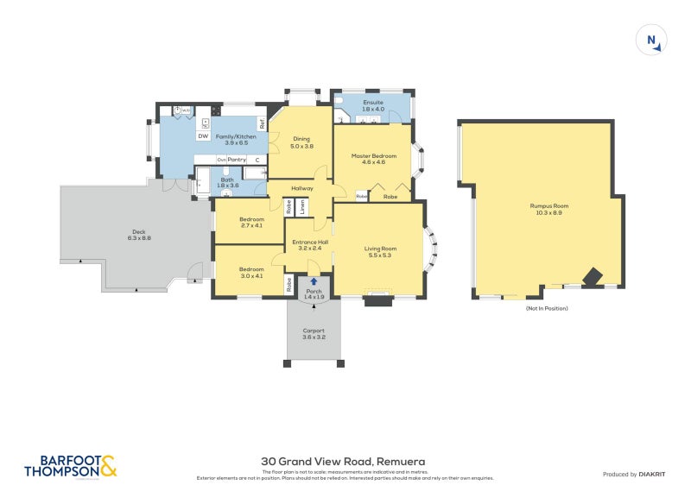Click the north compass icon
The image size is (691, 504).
tap(652, 41)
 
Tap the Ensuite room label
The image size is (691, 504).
tap(372, 105)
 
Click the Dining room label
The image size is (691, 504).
tap(301, 142)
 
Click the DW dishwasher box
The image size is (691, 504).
tap(203, 136)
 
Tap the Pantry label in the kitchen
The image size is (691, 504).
tap(237, 160)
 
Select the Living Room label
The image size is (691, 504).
tap(380, 251)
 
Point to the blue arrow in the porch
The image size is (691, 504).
tap(314, 281)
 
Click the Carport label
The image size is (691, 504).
tap(314, 333)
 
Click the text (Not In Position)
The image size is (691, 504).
tap(547, 308)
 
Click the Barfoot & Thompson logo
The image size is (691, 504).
tap(70, 467)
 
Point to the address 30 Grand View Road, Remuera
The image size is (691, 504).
tap(343, 462)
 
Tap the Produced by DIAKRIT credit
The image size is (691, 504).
tap(638, 475)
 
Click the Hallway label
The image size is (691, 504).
tap(301, 188)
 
